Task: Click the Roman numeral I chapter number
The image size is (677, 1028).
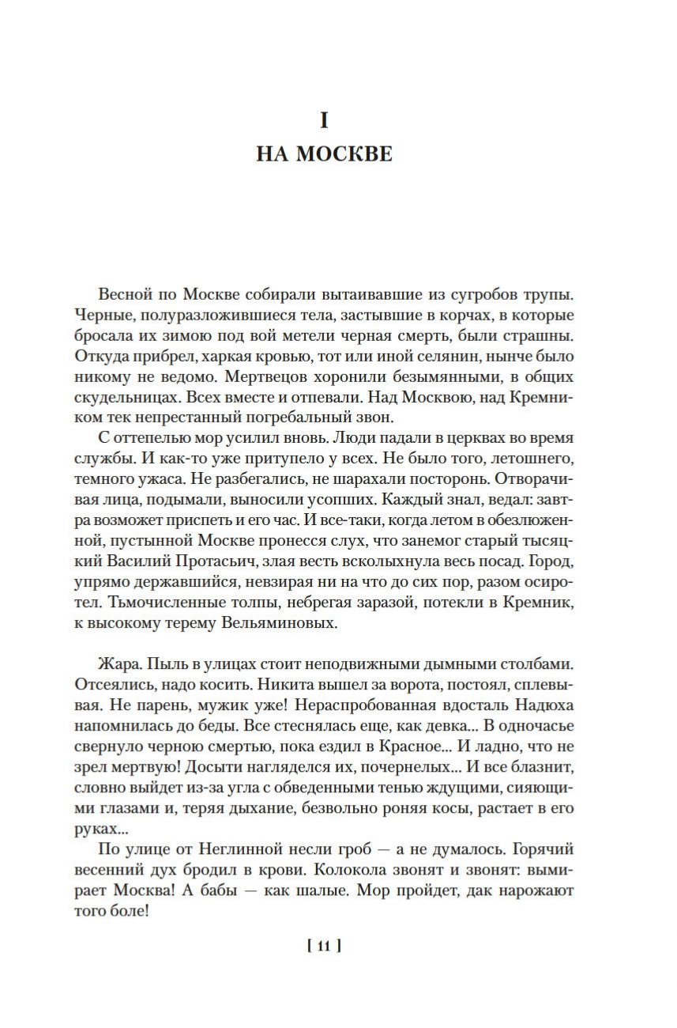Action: (324, 120)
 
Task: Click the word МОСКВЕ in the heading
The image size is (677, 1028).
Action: (344, 153)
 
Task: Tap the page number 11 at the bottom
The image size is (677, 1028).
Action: (324, 945)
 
